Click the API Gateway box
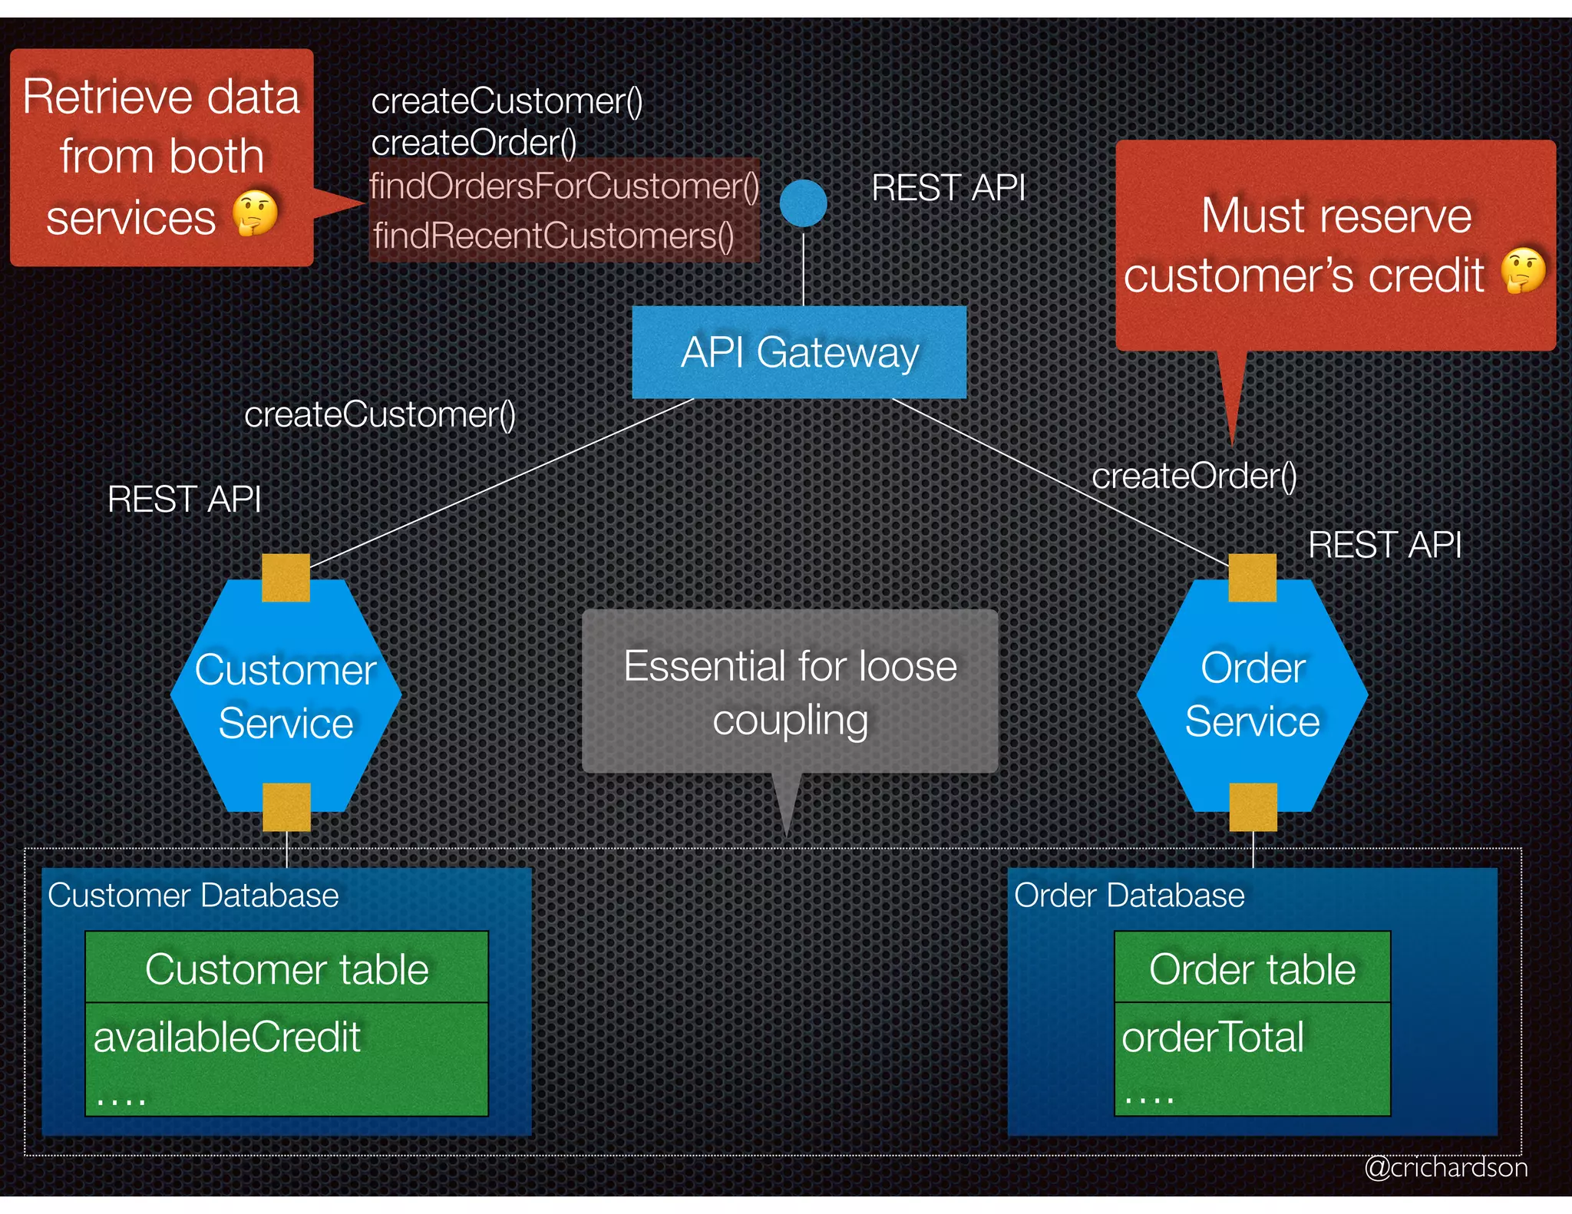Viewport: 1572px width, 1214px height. tap(798, 353)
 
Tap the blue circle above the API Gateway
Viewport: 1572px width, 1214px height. tap(803, 203)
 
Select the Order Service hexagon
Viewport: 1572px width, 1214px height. tap(1252, 695)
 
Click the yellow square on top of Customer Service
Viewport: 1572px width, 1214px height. tap(286, 577)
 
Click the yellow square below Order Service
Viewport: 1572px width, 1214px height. tap(1253, 807)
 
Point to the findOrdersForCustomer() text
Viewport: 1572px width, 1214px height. tap(564, 186)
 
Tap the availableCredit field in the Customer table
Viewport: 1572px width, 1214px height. tap(227, 1038)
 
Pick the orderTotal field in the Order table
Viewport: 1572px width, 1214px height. tap(1213, 1038)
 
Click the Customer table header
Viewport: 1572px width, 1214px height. tap(286, 968)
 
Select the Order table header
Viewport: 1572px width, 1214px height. tap(1252, 968)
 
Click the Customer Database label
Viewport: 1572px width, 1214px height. tap(193, 896)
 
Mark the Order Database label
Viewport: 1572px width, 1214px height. tap(1129, 896)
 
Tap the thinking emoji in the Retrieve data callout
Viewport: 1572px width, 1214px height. tap(255, 213)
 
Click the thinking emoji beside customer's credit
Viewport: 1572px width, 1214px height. tap(1524, 270)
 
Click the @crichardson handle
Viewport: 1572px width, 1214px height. tap(1445, 1167)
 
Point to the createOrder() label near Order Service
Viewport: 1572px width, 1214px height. tap(1194, 477)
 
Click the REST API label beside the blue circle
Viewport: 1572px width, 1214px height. tap(948, 188)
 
